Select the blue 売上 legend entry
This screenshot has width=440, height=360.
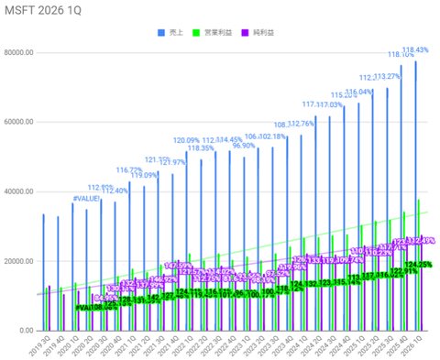coord(170,32)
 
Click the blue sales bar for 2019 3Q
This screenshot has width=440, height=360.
coord(43,271)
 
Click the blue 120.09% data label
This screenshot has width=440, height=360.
coord(187,140)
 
